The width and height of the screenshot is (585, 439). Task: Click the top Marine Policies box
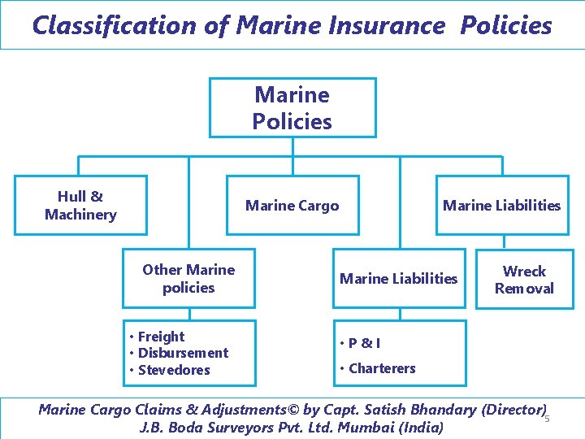pyautogui.click(x=292, y=108)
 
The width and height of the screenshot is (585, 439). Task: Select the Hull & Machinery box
pyautogui.click(x=80, y=205)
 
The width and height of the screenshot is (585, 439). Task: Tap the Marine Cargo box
pyautogui.click(x=292, y=206)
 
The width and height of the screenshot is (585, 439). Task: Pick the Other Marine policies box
pyautogui.click(x=188, y=278)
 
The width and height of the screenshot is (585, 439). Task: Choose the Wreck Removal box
pyautogui.click(x=524, y=280)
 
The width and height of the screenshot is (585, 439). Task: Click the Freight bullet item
pyautogui.click(x=161, y=337)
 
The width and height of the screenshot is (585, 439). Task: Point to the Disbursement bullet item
pyautogui.click(x=183, y=353)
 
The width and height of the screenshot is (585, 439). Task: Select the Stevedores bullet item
pyautogui.click(x=174, y=370)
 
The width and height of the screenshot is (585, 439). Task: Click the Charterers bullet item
pyautogui.click(x=382, y=368)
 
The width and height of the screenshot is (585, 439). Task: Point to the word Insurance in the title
pyautogui.click(x=387, y=25)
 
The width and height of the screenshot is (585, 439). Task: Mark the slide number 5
pyautogui.click(x=547, y=419)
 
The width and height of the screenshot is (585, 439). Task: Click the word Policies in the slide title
pyautogui.click(x=506, y=25)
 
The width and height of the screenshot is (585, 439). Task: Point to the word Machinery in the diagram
pyautogui.click(x=80, y=215)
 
